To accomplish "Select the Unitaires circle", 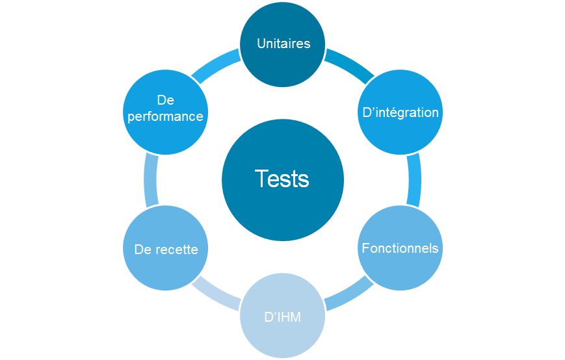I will [x=283, y=44].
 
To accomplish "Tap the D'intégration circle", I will [x=400, y=112].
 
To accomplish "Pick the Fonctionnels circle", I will [x=400, y=248].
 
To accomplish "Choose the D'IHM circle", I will [x=283, y=316].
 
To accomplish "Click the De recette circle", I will [x=166, y=248].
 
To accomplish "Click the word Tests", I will [x=282, y=179].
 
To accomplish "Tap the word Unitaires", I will [x=283, y=44].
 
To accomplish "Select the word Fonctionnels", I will [x=400, y=248].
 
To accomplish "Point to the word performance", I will [x=166, y=117].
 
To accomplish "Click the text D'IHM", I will [x=283, y=317].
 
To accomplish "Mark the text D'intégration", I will [x=400, y=112].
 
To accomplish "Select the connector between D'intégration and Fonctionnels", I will [x=414, y=180].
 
